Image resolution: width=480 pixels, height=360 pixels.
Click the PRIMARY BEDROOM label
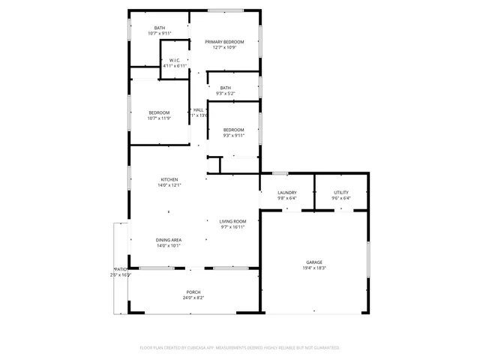coord(225,42)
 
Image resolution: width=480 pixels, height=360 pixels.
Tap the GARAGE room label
coord(314,262)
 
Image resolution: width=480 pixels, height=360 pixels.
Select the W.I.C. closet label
coord(174,60)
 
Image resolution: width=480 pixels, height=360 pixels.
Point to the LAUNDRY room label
coord(287,193)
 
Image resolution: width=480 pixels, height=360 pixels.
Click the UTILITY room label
coord(341,193)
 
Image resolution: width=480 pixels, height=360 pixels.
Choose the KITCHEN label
coord(169,179)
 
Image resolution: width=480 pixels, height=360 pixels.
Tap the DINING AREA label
coord(169,240)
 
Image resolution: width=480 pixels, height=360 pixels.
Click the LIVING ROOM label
coord(232,221)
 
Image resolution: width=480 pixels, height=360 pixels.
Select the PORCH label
coord(193,292)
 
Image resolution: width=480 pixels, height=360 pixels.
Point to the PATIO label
coord(120,269)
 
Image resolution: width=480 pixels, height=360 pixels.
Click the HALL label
coord(199,110)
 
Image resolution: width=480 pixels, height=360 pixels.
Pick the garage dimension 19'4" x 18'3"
coord(314,268)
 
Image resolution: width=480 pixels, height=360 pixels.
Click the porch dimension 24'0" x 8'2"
coord(193,298)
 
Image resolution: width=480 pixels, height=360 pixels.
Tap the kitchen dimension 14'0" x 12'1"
coord(169,184)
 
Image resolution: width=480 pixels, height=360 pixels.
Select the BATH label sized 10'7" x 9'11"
coord(160,28)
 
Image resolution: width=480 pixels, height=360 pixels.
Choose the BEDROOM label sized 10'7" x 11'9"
coord(160,112)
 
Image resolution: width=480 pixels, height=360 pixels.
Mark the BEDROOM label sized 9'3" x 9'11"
coord(233,130)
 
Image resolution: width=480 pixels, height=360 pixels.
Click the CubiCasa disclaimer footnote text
coord(240,348)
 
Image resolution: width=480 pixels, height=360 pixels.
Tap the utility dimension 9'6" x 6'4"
coord(341,198)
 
